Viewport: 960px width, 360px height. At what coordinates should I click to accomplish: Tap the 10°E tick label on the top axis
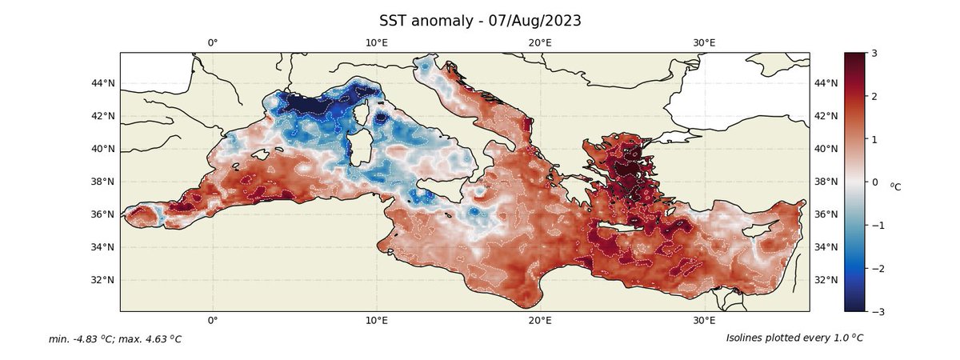point(377,42)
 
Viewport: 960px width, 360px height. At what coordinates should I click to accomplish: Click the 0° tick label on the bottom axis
point(213,321)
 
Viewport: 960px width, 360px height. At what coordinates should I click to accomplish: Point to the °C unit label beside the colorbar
point(895,186)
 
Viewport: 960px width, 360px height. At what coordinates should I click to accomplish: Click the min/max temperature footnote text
point(115,339)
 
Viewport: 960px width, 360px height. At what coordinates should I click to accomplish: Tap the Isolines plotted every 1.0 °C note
point(794,338)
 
